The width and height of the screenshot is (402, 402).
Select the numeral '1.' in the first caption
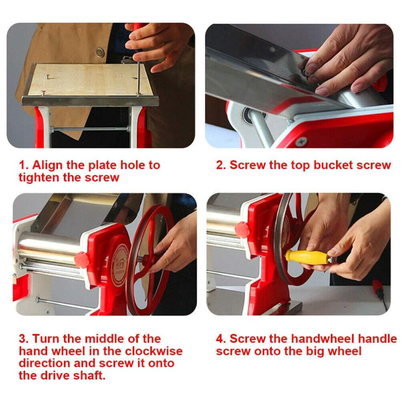[23, 165]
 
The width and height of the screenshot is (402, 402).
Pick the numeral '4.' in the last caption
[221, 338]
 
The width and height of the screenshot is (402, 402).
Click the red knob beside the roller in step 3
[82, 259]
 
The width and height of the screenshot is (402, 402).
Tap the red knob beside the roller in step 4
[242, 230]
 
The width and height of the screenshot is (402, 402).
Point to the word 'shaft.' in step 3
[90, 375]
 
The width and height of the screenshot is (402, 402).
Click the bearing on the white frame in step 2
[248, 112]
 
